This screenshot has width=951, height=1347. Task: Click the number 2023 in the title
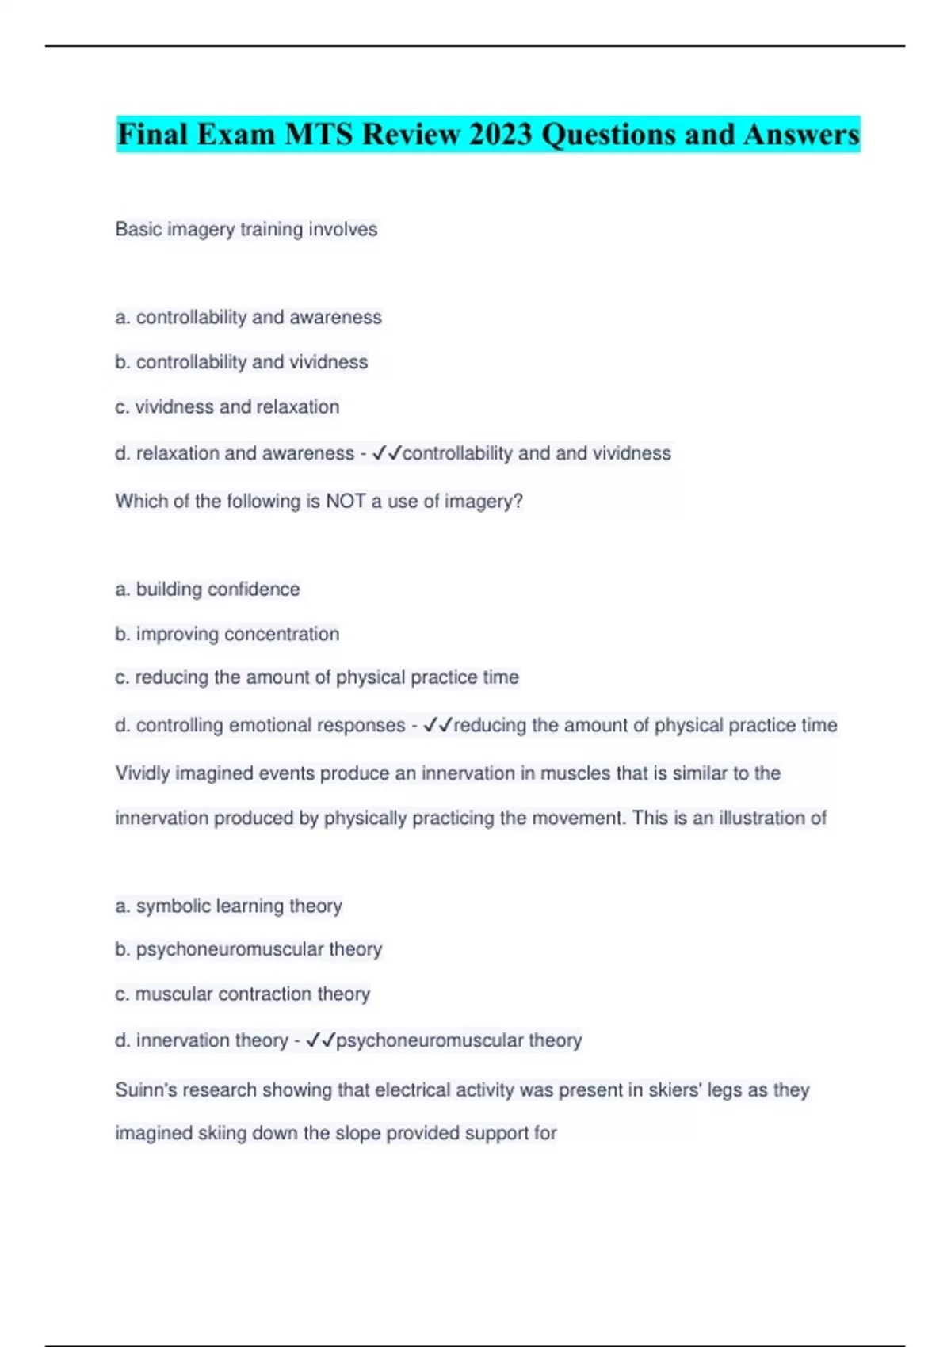(500, 134)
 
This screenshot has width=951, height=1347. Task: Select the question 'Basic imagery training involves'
(246, 230)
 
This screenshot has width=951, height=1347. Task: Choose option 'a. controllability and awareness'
(248, 318)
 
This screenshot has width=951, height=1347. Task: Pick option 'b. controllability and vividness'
(242, 362)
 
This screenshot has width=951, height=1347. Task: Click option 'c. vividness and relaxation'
(227, 407)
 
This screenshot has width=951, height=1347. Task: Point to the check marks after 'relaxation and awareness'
(387, 453)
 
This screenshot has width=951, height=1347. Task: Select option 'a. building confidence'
(208, 590)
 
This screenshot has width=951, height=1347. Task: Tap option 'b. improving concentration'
(227, 634)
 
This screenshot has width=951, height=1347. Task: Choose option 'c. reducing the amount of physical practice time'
(317, 677)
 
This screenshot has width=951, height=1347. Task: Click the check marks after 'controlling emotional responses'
(437, 725)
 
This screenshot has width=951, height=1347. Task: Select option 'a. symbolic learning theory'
(228, 906)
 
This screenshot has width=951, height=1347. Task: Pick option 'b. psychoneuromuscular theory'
(248, 949)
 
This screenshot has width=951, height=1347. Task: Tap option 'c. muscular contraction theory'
(243, 994)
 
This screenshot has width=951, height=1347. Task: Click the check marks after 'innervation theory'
(320, 1040)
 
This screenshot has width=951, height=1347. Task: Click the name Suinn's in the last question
(147, 1090)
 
